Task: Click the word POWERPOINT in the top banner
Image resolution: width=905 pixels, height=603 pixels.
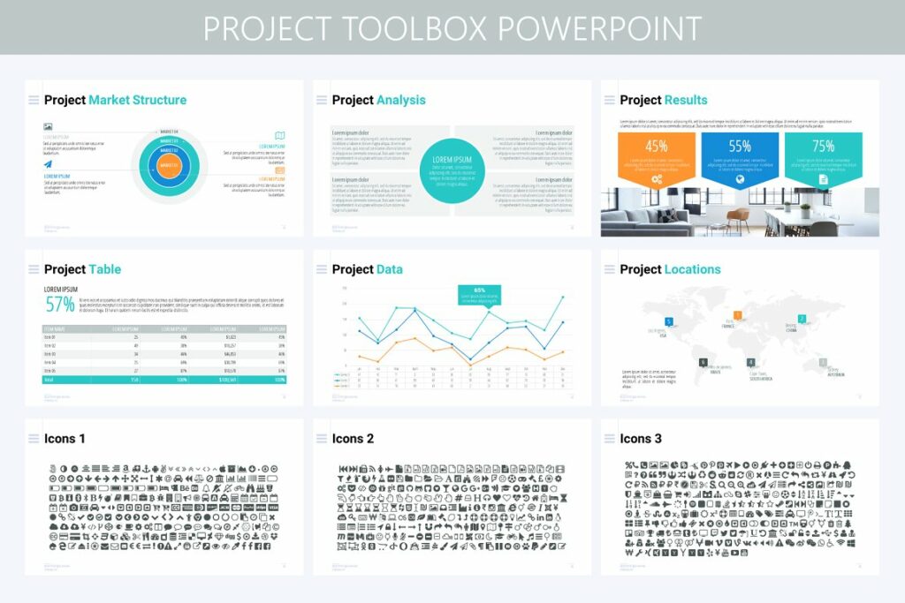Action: pyautogui.click(x=601, y=28)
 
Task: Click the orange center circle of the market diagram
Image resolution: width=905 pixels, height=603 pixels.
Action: pyautogui.click(x=168, y=162)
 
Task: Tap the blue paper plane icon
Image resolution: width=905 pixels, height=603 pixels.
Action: pyautogui.click(x=48, y=164)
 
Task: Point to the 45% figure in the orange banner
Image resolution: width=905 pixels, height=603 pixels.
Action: pyautogui.click(x=657, y=147)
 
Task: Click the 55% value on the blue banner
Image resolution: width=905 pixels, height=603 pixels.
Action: pyautogui.click(x=740, y=147)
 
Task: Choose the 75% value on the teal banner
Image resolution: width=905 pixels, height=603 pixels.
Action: pyautogui.click(x=823, y=147)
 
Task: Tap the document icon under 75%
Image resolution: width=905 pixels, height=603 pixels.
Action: pyautogui.click(x=823, y=179)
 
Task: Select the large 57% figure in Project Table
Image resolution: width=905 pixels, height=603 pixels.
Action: pyautogui.click(x=60, y=305)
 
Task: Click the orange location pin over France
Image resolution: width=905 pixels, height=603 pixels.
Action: pyautogui.click(x=735, y=315)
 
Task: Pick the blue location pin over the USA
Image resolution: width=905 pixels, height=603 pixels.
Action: pyautogui.click(x=669, y=321)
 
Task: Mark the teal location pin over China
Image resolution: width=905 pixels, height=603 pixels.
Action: pyautogui.click(x=802, y=319)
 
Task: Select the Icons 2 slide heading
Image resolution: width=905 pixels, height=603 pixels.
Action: pyautogui.click(x=353, y=439)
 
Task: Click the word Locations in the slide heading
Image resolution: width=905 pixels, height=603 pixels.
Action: pyautogui.click(x=692, y=269)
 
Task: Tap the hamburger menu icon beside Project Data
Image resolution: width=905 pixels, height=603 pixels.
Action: pyautogui.click(x=321, y=269)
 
